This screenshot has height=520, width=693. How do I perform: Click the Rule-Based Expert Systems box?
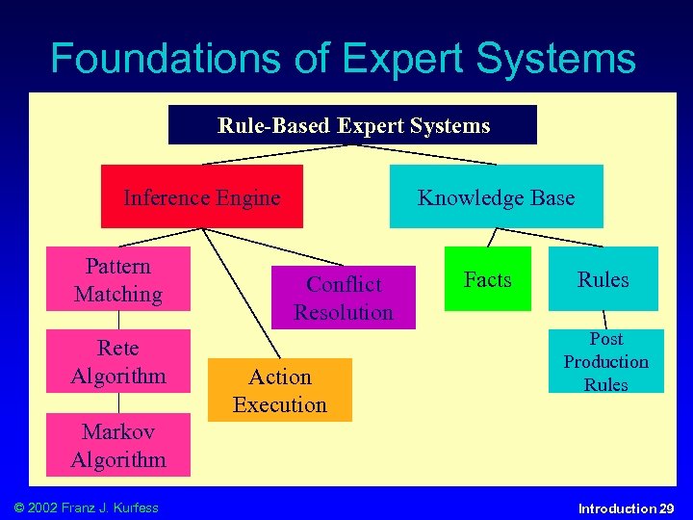point(352,125)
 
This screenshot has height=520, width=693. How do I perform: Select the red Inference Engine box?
point(202,196)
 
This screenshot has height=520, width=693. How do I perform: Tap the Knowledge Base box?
point(496,196)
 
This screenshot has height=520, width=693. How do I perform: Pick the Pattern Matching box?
point(118,279)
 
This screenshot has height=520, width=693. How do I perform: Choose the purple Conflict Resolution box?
point(344,298)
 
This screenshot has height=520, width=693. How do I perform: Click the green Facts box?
point(487,279)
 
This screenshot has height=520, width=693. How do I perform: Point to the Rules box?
point(603,279)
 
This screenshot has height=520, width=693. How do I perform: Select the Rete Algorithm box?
point(118,361)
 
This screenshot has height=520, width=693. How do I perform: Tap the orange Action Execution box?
point(280,390)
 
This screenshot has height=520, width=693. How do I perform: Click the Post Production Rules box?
point(606,361)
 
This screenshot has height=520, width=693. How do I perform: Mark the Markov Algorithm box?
point(118,445)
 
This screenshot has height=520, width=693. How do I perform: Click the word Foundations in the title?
point(158,59)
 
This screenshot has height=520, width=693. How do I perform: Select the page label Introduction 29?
point(626,508)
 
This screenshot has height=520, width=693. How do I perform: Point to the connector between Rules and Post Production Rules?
point(604,320)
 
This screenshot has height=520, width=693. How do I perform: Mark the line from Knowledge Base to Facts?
point(491,237)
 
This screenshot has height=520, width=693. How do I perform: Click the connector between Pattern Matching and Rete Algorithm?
point(118,320)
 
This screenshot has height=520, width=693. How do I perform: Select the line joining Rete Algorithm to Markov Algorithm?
point(118,403)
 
